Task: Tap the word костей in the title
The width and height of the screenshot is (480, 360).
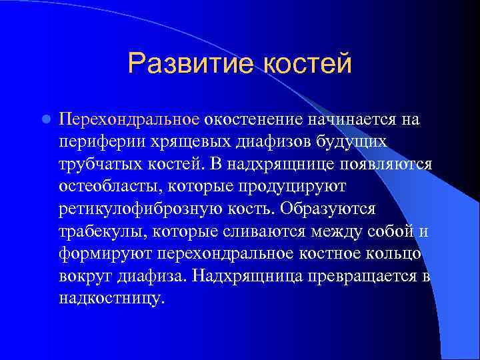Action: tap(307, 64)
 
